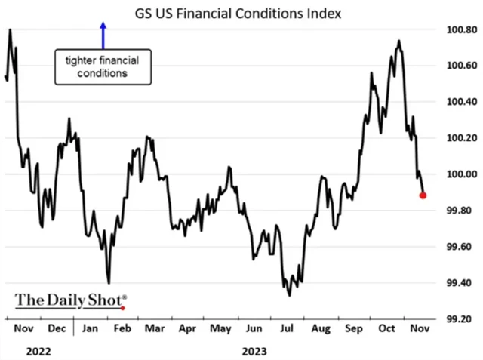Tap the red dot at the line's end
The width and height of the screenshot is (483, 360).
point(423,195)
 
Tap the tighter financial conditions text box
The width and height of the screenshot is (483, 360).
point(101,66)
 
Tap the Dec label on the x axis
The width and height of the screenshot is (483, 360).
point(57,330)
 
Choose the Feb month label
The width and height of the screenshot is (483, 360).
point(123,330)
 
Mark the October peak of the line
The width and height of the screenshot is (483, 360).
point(398,41)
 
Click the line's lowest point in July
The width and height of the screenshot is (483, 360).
point(290,294)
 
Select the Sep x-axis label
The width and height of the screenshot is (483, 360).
point(353,330)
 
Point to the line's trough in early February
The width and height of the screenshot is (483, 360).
point(109,282)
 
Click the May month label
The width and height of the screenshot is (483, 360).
point(220,330)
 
